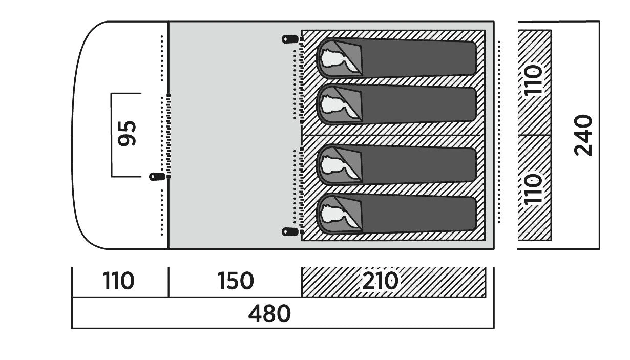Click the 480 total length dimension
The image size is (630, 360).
(269, 313)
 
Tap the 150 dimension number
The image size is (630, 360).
(235, 281)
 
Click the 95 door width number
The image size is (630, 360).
(127, 134)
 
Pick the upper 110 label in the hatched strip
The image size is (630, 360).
(534, 80)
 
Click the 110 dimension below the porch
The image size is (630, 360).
(118, 281)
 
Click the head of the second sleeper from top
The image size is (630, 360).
(336, 104)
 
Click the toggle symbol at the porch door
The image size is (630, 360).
(157, 177)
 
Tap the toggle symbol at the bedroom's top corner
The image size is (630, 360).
(290, 38)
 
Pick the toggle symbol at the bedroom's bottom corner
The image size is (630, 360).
(290, 232)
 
